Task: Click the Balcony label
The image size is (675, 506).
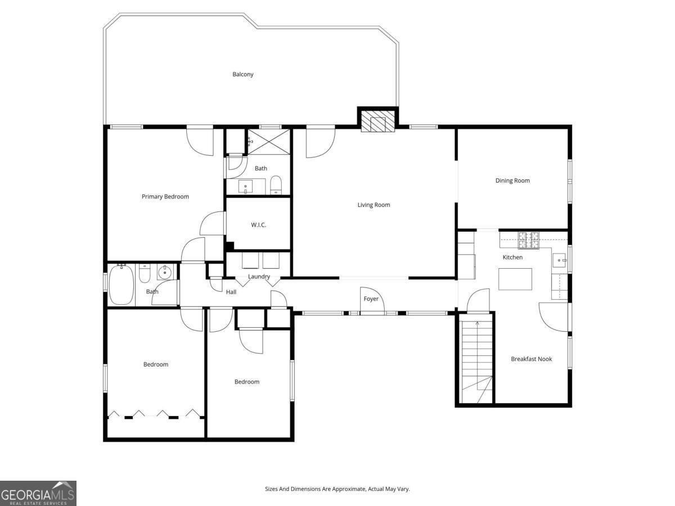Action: tap(243, 74)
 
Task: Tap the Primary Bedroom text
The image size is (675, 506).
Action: tap(165, 197)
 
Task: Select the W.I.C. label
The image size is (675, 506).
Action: tap(258, 225)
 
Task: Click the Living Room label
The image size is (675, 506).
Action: tap(373, 205)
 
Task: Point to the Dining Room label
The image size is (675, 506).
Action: tap(512, 180)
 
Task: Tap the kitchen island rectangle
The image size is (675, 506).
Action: tap(515, 279)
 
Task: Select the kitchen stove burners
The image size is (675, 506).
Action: tap(528, 240)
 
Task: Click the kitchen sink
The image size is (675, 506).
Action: tap(560, 259)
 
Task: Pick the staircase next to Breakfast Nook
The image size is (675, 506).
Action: tap(476, 357)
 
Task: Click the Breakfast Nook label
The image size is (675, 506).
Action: tap(531, 359)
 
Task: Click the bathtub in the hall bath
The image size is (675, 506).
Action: tap(121, 284)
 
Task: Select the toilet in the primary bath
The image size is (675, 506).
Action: tap(276, 185)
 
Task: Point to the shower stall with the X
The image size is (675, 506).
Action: tap(269, 141)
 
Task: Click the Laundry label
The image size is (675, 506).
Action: tap(259, 277)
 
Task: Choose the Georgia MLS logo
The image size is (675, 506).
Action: tap(38, 493)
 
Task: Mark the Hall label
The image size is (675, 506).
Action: tap(231, 292)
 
